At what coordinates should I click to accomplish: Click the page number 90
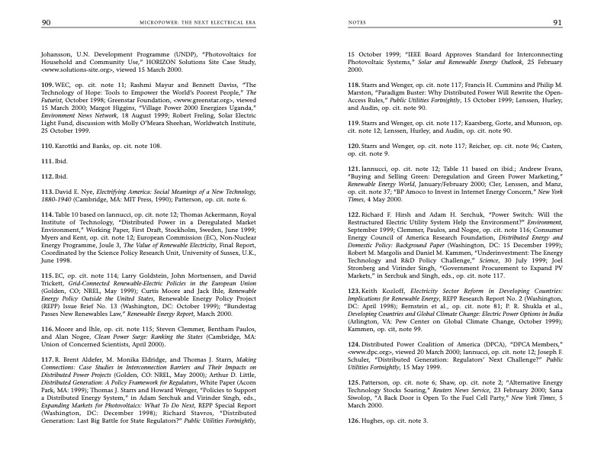click(x=47, y=23)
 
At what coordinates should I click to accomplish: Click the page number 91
click(x=557, y=23)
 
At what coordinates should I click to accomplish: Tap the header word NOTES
click(x=356, y=24)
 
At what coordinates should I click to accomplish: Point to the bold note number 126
click(x=355, y=420)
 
